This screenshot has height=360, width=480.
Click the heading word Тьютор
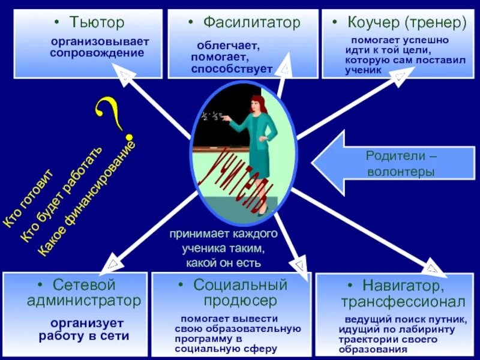coord(97,23)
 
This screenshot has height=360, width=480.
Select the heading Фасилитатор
coord(251,23)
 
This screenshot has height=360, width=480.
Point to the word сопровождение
coord(97,53)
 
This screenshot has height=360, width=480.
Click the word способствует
coord(232,68)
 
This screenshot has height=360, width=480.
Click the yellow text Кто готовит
coord(28,198)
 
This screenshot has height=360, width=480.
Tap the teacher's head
coord(257,103)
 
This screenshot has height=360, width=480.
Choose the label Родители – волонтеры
coord(401,164)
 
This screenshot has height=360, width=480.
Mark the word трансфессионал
coord(403,300)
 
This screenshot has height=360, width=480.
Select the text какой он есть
coord(223,263)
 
